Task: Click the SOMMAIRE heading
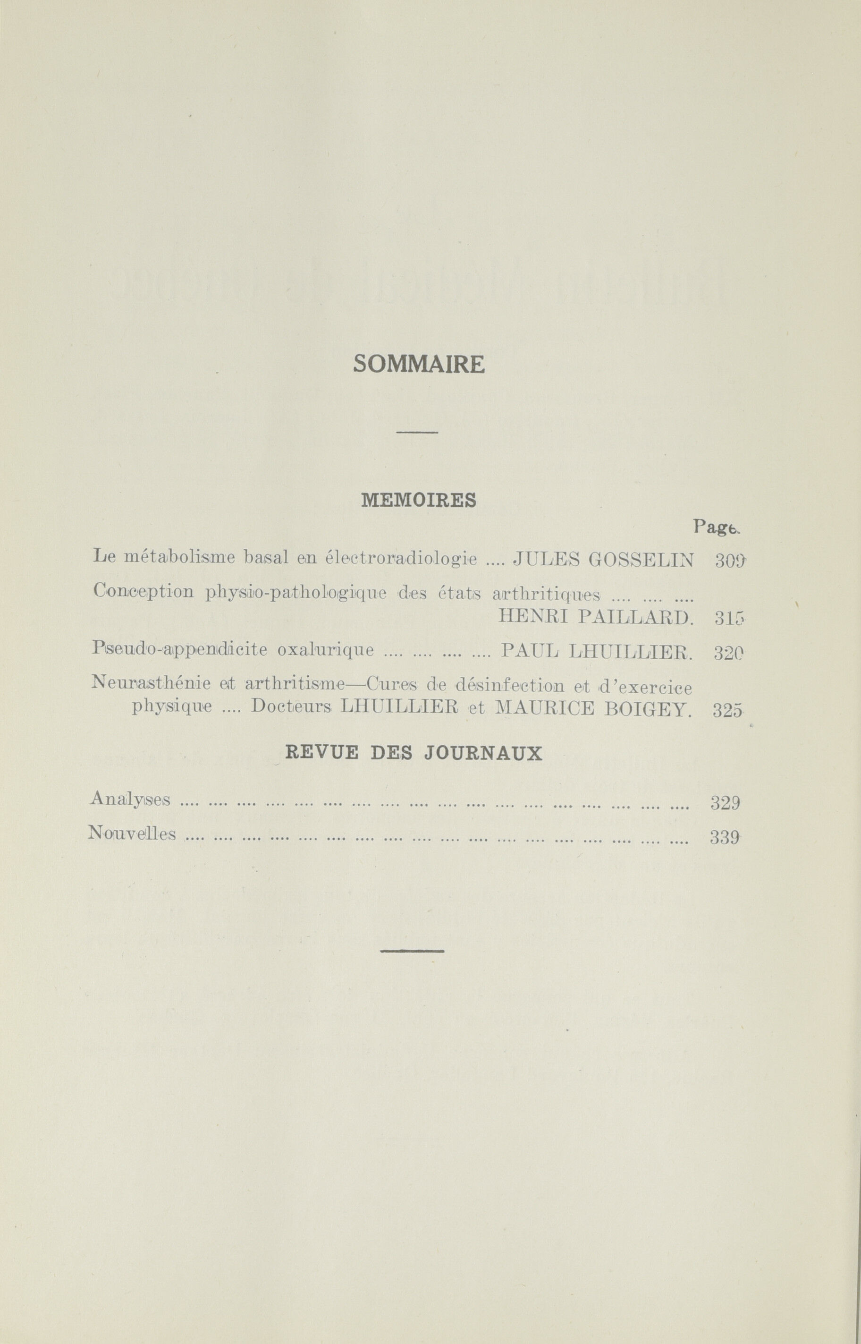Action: tap(419, 365)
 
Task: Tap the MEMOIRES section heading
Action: tap(419, 500)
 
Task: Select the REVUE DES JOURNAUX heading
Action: tap(414, 753)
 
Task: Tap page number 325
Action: tap(728, 710)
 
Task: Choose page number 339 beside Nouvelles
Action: tap(725, 837)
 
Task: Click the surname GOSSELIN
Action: tap(642, 559)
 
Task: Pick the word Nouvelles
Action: tap(132, 834)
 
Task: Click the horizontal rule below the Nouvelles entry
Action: tap(412, 951)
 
